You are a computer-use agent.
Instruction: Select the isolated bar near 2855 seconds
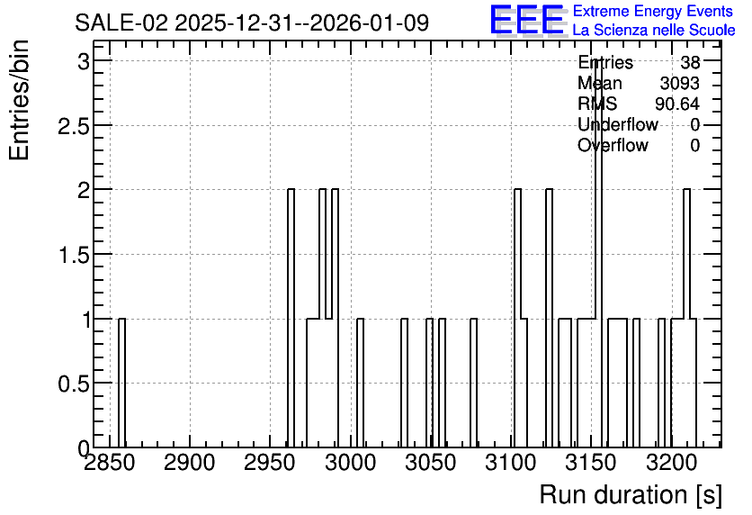[121, 383]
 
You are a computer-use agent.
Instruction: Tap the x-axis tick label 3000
[350, 463]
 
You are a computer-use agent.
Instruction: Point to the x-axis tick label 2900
[190, 463]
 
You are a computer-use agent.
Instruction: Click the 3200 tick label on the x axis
[671, 463]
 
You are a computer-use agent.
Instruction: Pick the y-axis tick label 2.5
[74, 126]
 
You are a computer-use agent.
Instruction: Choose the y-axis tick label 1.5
[74, 256]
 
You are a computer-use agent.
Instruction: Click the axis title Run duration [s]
[631, 495]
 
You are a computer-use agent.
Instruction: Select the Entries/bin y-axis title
[19, 100]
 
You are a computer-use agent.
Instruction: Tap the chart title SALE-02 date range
[252, 23]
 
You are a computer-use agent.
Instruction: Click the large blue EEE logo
[527, 20]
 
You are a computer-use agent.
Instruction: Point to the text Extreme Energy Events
[653, 11]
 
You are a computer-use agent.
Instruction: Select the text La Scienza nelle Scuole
[654, 30]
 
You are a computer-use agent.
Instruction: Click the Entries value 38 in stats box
[690, 62]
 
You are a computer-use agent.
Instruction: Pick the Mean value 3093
[679, 83]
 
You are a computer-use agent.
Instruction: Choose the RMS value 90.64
[677, 104]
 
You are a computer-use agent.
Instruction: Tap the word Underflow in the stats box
[618, 124]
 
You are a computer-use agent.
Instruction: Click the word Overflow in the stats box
[613, 145]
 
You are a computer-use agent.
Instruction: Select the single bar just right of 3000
[360, 383]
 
